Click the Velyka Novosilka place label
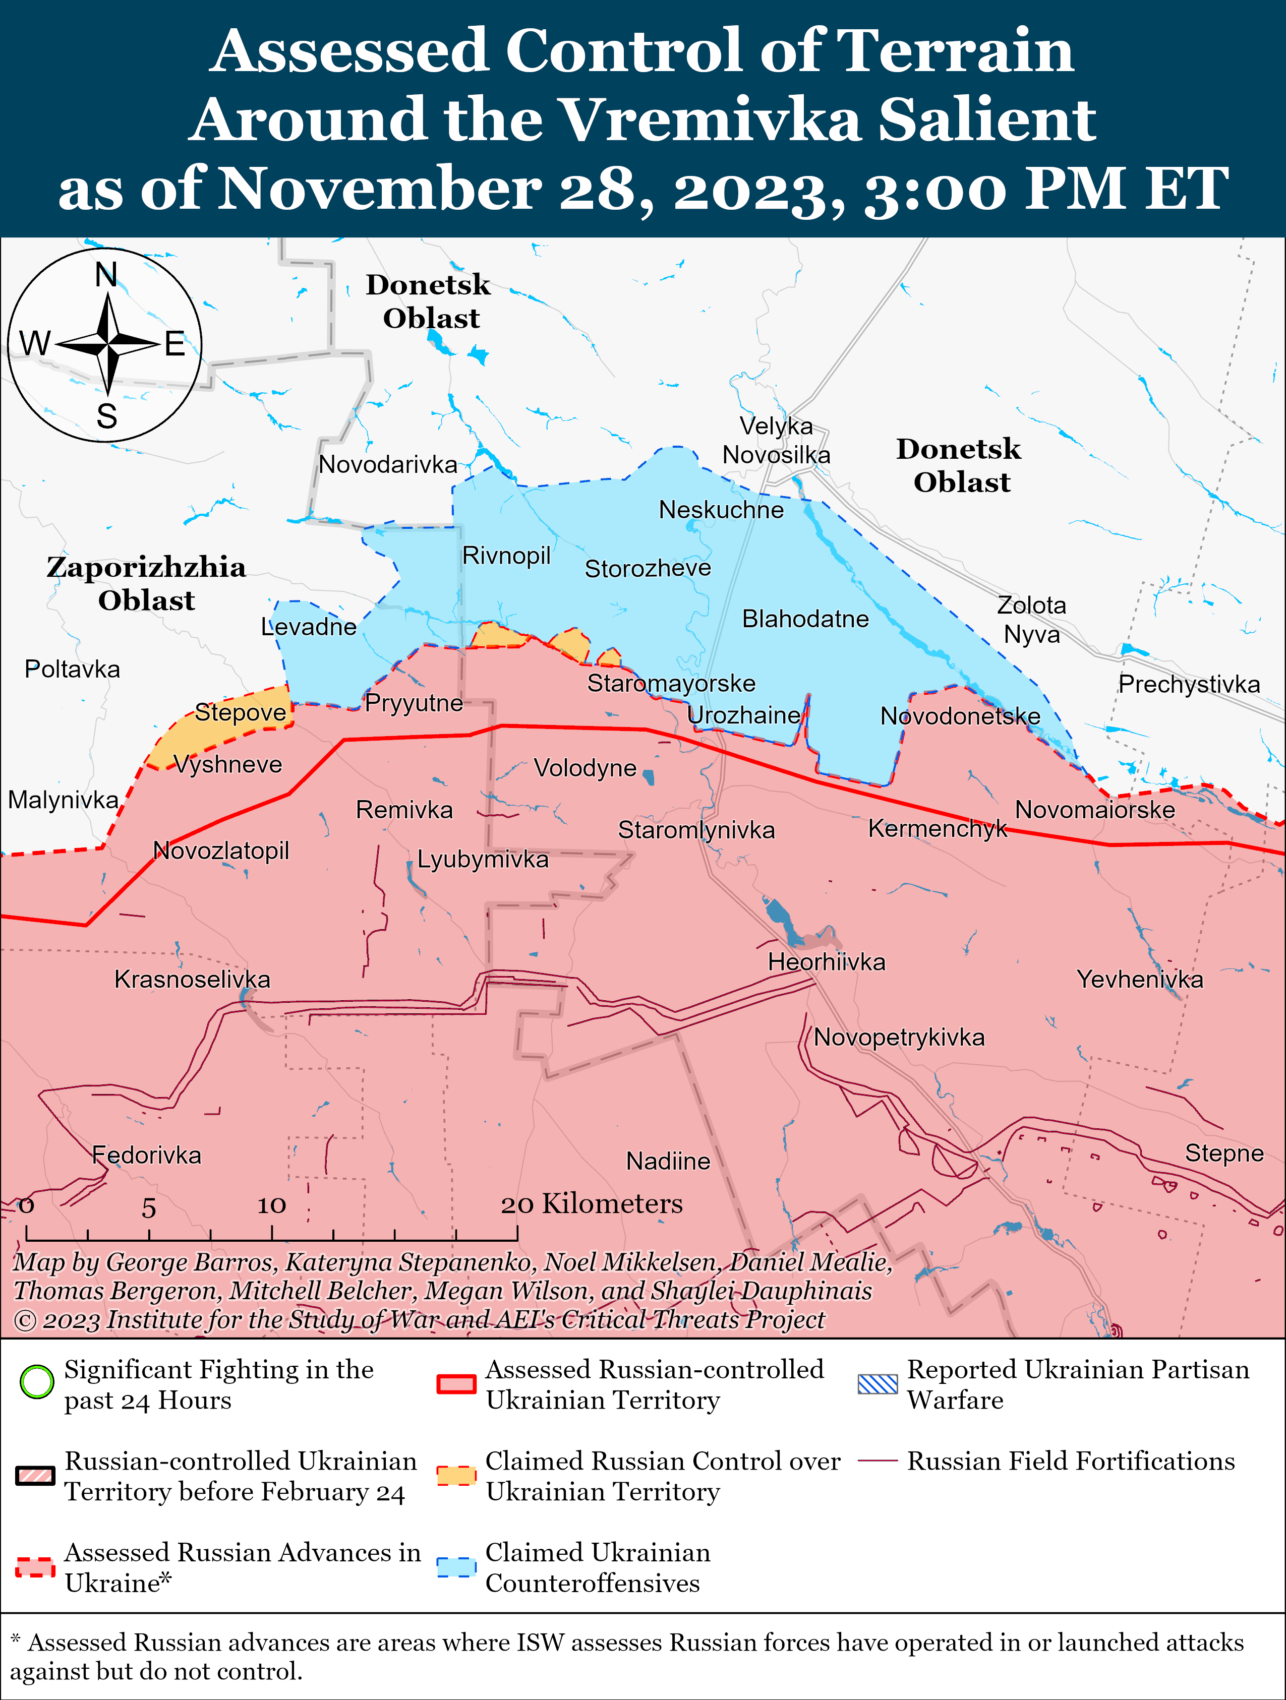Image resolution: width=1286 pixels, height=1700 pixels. point(776,440)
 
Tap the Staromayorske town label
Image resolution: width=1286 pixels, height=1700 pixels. point(671,683)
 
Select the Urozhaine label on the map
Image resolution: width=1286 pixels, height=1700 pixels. point(743,715)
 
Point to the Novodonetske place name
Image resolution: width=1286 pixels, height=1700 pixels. point(960,716)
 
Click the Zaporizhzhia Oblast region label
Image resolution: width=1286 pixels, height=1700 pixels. point(146,583)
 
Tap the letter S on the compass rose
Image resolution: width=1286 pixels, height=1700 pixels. point(107,416)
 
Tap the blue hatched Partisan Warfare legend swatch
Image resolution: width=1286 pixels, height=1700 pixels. point(877,1384)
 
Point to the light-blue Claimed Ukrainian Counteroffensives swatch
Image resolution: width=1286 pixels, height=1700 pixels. point(456,1567)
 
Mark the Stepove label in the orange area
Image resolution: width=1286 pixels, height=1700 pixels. point(240,712)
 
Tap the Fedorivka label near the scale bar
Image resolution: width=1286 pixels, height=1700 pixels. point(146,1155)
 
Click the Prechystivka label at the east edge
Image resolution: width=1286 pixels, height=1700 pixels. point(1188,684)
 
